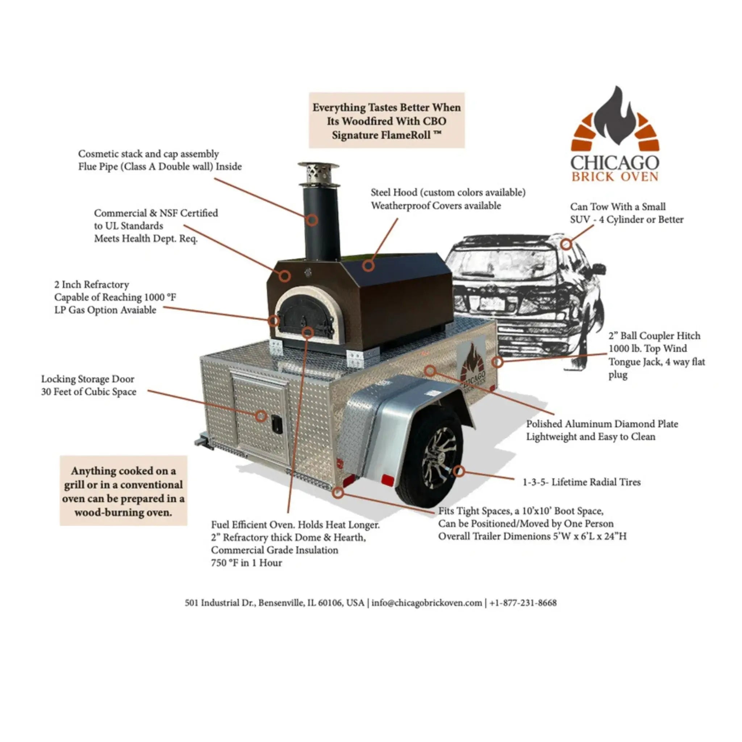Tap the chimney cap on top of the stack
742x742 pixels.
(318, 172)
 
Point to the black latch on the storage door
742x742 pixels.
(276, 424)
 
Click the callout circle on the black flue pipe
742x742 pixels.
(312, 220)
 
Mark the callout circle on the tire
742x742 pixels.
(459, 471)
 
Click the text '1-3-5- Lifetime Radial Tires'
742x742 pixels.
(581, 482)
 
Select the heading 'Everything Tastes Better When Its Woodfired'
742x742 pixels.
(386, 114)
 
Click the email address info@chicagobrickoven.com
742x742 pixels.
(426, 603)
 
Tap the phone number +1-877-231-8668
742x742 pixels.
(523, 603)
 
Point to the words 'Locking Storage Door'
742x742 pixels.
(88, 379)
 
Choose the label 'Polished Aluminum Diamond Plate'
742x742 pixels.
(602, 424)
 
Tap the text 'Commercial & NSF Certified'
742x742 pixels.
(156, 213)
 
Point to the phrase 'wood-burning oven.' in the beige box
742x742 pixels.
(123, 512)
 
